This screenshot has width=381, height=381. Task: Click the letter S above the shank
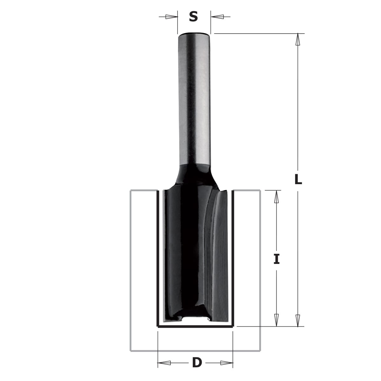coord(193,17)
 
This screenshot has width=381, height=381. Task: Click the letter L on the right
coord(298,180)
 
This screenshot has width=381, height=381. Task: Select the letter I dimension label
coord(277,259)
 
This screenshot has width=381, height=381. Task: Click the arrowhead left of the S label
coord(171,17)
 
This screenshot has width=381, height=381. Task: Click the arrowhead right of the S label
coord(217,17)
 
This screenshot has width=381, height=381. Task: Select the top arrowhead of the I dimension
coord(277,197)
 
